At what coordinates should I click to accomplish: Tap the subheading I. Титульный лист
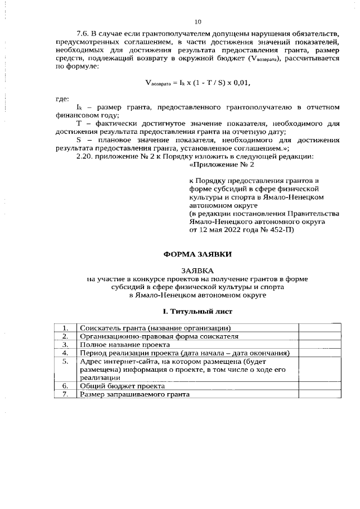pyautogui.click(x=197, y=311)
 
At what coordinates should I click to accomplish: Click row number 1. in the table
pyautogui.click(x=66, y=328)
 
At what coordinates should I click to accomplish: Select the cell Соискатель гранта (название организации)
pyautogui.click(x=156, y=328)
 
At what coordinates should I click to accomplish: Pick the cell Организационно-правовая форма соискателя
pyautogui.click(x=159, y=336)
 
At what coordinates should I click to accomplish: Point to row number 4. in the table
pyautogui.click(x=66, y=353)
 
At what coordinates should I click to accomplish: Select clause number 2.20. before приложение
pyautogui.click(x=85, y=156)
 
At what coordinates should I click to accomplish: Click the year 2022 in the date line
pyautogui.click(x=245, y=230)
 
